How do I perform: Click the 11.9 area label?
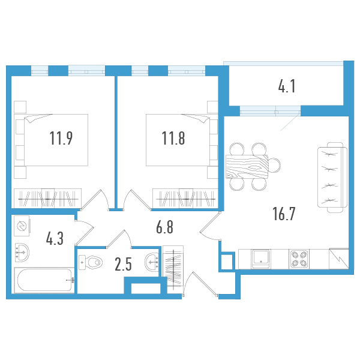click(x=61, y=138)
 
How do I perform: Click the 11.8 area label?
click(x=173, y=138)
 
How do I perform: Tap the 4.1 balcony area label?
click(x=287, y=86)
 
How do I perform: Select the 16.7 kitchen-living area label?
click(x=284, y=214)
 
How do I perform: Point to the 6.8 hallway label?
click(x=164, y=227)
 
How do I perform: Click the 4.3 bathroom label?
click(x=55, y=239)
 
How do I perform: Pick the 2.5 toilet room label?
click(x=123, y=264)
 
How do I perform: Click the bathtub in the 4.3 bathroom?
click(x=44, y=280)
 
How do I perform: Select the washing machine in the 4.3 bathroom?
click(x=22, y=226)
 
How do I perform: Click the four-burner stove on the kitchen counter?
click(x=299, y=259)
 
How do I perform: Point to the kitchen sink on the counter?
click(x=261, y=259)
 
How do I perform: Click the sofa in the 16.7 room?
click(x=332, y=177)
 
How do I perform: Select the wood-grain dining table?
click(x=247, y=167)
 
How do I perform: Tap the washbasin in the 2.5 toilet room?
click(x=152, y=262)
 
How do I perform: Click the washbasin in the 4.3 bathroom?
click(x=22, y=253)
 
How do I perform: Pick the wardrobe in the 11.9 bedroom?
click(x=48, y=199)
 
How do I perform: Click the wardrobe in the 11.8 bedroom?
click(x=185, y=199)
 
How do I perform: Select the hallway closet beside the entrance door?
click(x=173, y=266)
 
